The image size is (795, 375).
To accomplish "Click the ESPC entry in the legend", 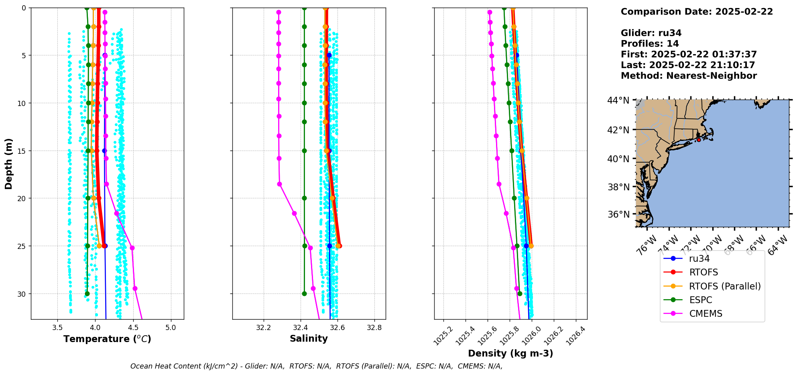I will [x=700, y=300].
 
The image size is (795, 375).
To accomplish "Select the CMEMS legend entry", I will [x=706, y=314].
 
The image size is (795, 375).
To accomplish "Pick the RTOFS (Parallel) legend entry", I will [x=725, y=286].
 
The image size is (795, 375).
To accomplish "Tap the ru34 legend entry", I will [x=699, y=259].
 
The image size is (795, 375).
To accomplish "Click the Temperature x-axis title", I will [x=107, y=339].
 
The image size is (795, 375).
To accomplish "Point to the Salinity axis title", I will [x=309, y=338].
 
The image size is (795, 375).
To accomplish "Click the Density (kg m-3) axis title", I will [x=510, y=353].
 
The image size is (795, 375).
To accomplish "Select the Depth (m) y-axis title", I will [x=9, y=164].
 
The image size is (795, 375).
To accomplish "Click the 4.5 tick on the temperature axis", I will [x=133, y=328].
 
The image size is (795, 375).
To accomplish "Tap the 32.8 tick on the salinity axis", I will [x=374, y=328].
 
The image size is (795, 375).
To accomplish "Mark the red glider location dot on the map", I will [x=699, y=140].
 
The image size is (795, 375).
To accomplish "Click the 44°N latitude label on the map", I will [x=618, y=100].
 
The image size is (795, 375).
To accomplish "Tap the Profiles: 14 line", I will [x=650, y=44].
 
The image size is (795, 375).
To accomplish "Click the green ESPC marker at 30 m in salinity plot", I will [x=304, y=293].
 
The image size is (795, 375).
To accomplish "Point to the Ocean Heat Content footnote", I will [x=316, y=366].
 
